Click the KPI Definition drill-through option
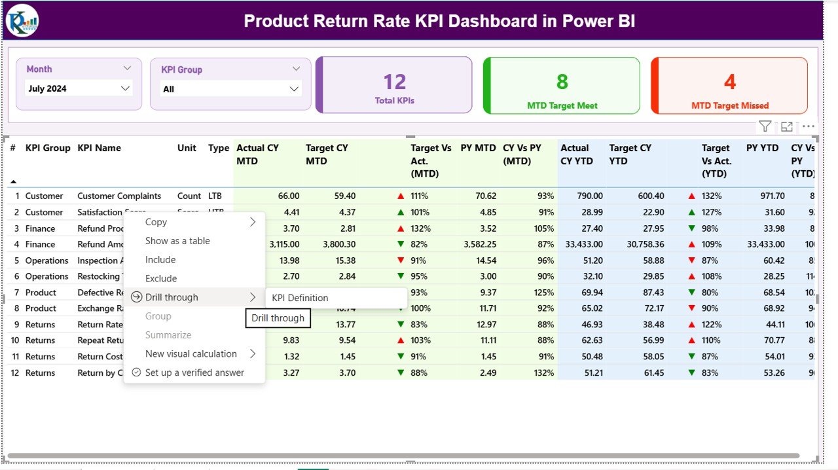point(300,298)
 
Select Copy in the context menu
point(156,223)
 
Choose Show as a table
point(177,241)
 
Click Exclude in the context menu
point(160,279)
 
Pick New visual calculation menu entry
point(191,354)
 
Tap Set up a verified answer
point(194,372)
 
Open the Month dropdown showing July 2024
point(79,88)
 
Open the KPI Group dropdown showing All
point(230,89)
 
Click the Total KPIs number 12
point(395,82)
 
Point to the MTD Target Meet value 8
point(562,82)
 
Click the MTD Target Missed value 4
point(729,82)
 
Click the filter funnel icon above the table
point(765,127)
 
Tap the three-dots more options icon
point(809,127)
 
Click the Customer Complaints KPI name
point(118,196)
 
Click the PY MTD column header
point(478,148)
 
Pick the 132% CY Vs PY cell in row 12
point(543,373)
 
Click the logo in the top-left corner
point(22,20)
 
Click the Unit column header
point(187,148)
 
